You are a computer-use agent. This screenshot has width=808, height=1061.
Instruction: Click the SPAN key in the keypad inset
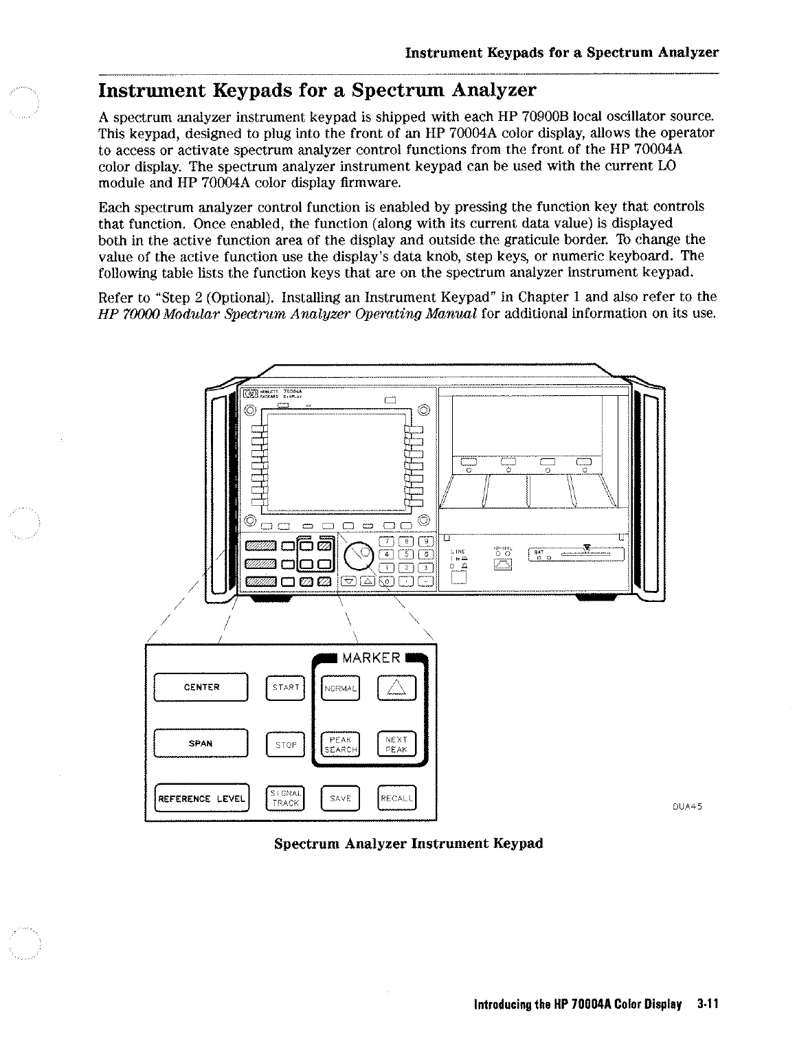[201, 744]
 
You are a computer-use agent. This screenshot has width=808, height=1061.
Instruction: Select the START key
[284, 687]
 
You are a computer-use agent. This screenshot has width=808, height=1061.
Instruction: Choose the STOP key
[284, 744]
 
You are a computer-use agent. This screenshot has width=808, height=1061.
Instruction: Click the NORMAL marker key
[340, 688]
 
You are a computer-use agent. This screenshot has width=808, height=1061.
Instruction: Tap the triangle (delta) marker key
[397, 687]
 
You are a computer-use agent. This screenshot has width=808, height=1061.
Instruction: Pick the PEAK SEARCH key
[340, 744]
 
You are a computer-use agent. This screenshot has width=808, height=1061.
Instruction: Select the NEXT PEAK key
[397, 744]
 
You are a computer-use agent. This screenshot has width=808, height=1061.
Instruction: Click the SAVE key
[340, 798]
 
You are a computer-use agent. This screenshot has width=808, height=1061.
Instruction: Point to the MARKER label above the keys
[371, 658]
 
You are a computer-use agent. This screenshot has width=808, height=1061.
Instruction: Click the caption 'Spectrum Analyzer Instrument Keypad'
[408, 843]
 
